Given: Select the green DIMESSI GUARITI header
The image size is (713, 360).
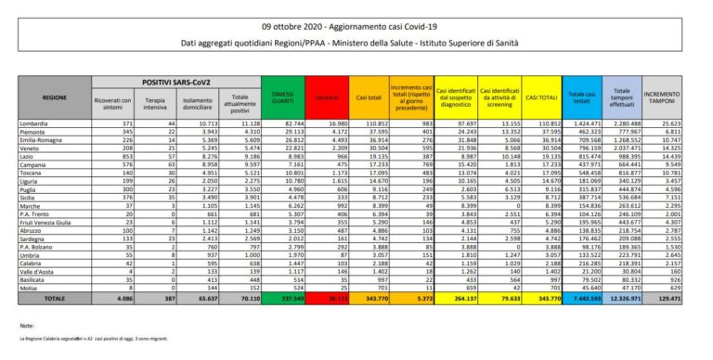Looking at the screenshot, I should click(278, 96).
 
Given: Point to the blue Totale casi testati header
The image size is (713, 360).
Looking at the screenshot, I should click(583, 96).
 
